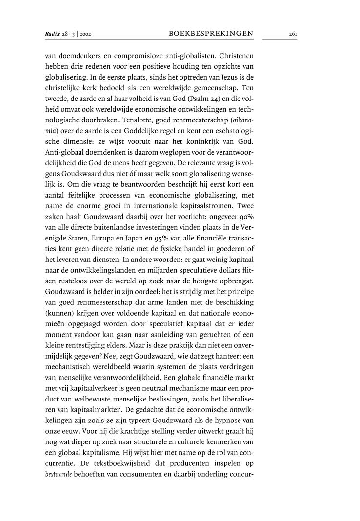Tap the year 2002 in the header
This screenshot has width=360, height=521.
click(85, 34)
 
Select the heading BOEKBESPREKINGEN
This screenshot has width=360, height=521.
click(211, 34)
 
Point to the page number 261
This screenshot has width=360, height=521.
click(293, 34)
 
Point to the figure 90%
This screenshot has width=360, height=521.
click(258, 206)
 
